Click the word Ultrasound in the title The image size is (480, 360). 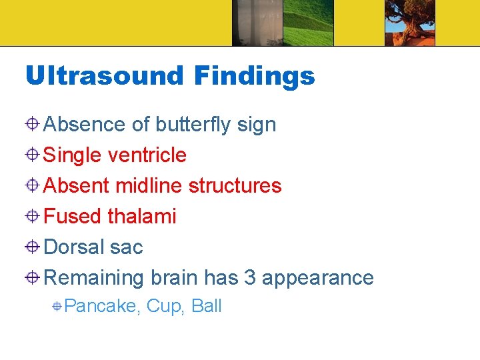point(103,76)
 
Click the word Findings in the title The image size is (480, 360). point(254,76)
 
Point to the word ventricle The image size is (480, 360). point(147,155)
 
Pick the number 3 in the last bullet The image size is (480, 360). point(250,277)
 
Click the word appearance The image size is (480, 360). point(318,278)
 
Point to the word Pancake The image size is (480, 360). point(101,307)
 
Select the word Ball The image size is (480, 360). point(207,306)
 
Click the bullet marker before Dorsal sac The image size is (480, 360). point(33,247)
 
